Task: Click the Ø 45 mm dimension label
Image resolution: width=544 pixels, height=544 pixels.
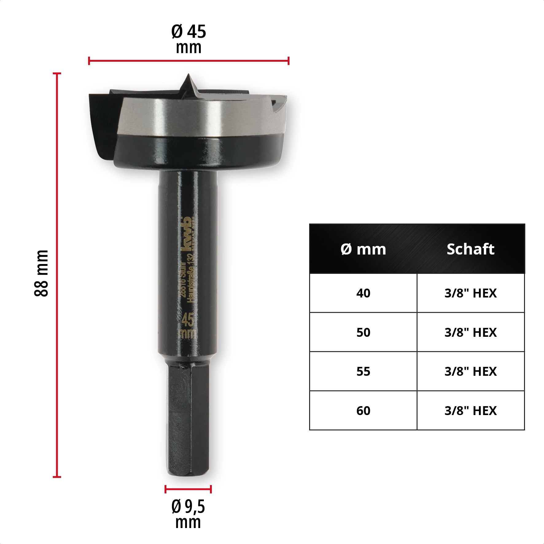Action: tap(188, 39)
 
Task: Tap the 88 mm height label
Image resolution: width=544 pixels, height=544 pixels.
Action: tap(41, 273)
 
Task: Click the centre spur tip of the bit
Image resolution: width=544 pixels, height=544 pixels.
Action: tap(188, 76)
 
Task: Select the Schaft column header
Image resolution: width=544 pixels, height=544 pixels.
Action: tap(470, 249)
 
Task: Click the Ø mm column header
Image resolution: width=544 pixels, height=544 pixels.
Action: tap(363, 249)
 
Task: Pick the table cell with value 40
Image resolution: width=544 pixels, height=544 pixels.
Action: tap(363, 293)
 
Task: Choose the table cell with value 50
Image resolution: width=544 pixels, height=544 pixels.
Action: tap(363, 332)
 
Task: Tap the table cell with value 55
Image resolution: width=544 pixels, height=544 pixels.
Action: tap(363, 371)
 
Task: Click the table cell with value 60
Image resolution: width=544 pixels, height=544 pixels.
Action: tap(363, 411)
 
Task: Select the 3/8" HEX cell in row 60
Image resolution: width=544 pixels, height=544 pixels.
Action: tap(470, 411)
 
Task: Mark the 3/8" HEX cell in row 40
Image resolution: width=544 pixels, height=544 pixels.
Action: tap(470, 293)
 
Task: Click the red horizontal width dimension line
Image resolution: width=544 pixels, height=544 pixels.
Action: tap(188, 61)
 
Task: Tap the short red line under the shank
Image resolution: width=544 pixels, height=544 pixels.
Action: tap(188, 489)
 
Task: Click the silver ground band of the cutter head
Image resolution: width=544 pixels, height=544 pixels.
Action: tap(196, 117)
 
